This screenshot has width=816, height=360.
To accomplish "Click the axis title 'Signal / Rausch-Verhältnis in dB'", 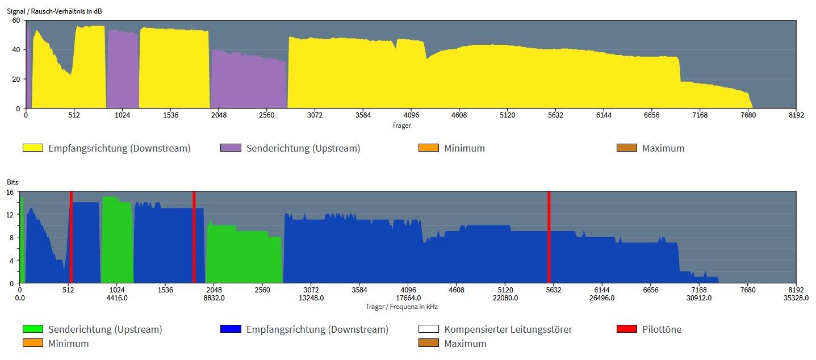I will [x=55, y=11].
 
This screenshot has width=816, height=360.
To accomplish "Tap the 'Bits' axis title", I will [x=12, y=182].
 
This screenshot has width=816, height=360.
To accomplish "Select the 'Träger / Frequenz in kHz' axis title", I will [x=401, y=307].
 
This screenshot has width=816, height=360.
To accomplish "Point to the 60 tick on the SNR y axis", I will [x=16, y=20].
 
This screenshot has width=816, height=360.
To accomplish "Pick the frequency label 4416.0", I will [x=117, y=298].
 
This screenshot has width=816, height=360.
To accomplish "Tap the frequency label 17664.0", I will [x=408, y=298].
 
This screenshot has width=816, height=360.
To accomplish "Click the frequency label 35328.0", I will [x=796, y=298].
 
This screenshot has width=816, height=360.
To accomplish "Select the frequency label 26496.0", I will [x=602, y=298].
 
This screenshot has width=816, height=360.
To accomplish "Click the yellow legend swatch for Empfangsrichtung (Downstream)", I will [x=32, y=148].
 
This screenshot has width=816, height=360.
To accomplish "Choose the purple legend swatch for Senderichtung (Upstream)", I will [x=231, y=148].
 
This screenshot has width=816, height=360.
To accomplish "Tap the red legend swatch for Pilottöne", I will [x=627, y=329].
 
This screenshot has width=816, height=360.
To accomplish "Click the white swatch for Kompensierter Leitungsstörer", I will [x=429, y=329].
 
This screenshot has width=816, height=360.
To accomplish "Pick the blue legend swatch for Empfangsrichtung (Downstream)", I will [x=231, y=329].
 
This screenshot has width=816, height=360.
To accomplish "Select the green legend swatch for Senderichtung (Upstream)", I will [x=32, y=329].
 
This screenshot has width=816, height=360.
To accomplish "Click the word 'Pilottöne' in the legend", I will [x=662, y=329].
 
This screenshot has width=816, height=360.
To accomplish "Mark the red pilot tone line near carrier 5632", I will [x=549, y=237].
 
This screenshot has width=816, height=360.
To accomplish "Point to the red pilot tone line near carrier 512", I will [x=71, y=237].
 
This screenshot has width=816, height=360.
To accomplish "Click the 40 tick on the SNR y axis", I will [x=16, y=50].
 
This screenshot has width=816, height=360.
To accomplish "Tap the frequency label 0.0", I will [x=20, y=298].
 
